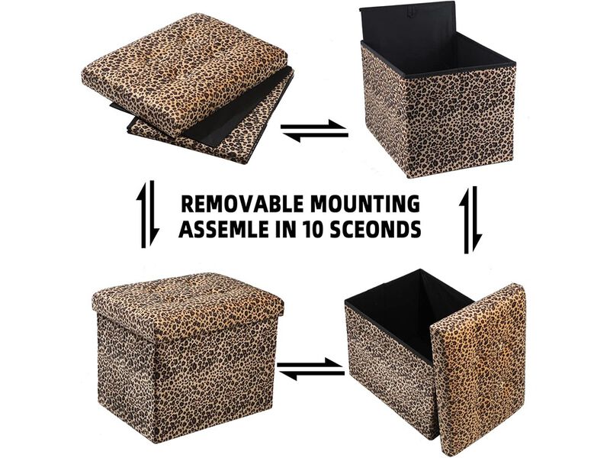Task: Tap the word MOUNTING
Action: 368,205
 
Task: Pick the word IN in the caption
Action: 291,229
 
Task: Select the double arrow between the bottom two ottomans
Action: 310,369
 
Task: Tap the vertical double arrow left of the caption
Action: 149,214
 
